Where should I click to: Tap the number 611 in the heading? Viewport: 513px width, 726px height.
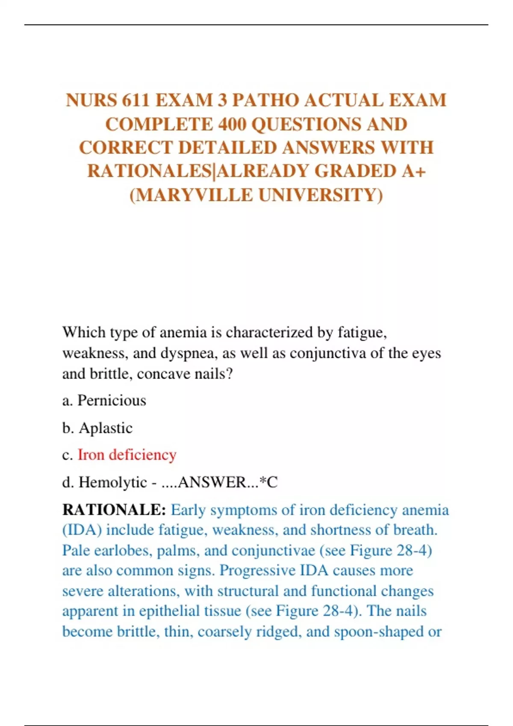point(136,100)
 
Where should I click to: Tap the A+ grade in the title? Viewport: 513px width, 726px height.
point(413,171)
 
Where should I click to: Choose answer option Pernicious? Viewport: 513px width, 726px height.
point(112,401)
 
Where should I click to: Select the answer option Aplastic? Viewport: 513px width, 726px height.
point(106,428)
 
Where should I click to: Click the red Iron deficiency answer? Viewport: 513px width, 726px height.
point(127,455)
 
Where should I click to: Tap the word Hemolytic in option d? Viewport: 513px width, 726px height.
point(113,483)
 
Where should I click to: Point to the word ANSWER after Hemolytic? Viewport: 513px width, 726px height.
point(212,483)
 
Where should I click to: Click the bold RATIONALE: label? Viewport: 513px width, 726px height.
point(114,510)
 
